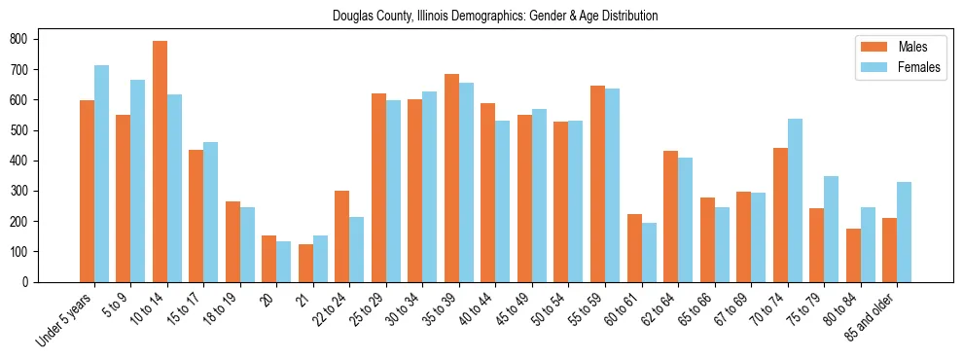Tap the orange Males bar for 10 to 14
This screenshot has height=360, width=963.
pyautogui.click(x=160, y=162)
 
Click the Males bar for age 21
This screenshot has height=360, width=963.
pyautogui.click(x=305, y=263)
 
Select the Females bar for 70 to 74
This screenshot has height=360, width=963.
pyautogui.click(x=795, y=200)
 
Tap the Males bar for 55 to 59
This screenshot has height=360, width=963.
pyautogui.click(x=597, y=184)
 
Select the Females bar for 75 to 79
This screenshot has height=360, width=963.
pyautogui.click(x=831, y=229)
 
